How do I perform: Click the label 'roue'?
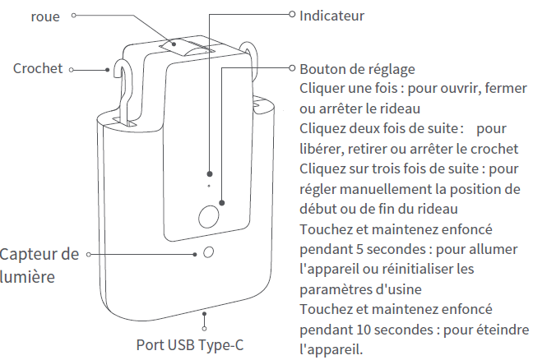[x=45, y=16]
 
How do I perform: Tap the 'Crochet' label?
[x=38, y=68]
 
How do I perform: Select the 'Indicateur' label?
[x=331, y=16]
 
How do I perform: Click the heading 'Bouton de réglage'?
[x=357, y=69]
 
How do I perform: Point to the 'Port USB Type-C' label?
[x=190, y=345]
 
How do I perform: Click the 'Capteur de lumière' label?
[x=39, y=265]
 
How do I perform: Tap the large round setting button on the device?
[x=208, y=217]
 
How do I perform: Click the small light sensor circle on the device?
[x=208, y=252]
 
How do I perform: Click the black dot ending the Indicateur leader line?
[x=210, y=174]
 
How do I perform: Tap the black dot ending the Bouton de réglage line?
[x=221, y=203]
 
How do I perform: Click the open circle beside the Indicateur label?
[x=292, y=14]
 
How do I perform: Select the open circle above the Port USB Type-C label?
[x=204, y=329]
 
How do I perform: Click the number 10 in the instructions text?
[x=364, y=330]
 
